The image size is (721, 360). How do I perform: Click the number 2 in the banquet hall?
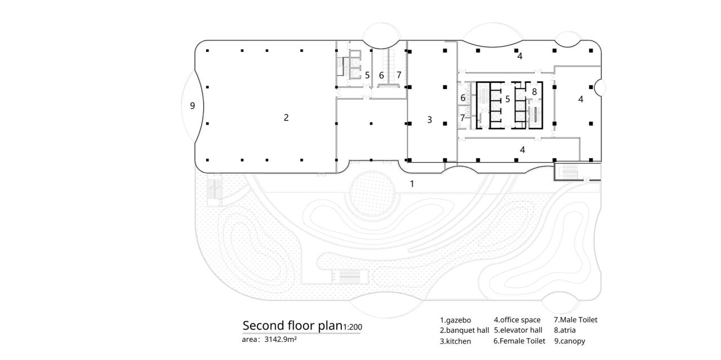(286, 118)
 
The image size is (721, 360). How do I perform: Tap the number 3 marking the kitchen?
(430, 119)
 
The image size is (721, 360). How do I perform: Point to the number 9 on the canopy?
(193, 105)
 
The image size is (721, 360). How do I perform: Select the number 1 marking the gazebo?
(412, 184)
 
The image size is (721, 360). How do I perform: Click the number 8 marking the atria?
(534, 91)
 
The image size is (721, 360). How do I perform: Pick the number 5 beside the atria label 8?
(508, 99)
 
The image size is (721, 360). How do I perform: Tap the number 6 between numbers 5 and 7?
(381, 75)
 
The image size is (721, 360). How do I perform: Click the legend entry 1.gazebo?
(455, 320)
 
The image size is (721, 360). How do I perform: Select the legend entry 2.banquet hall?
(464, 330)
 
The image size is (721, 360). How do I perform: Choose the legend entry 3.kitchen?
(455, 341)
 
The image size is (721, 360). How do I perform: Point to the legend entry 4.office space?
(517, 320)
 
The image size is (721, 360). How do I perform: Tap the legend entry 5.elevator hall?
(518, 330)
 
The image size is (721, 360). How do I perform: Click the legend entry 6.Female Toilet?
(519, 341)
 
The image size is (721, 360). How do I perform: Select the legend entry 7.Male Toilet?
(575, 319)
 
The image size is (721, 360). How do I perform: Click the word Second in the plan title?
(262, 326)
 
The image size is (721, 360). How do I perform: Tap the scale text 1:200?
(351, 327)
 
